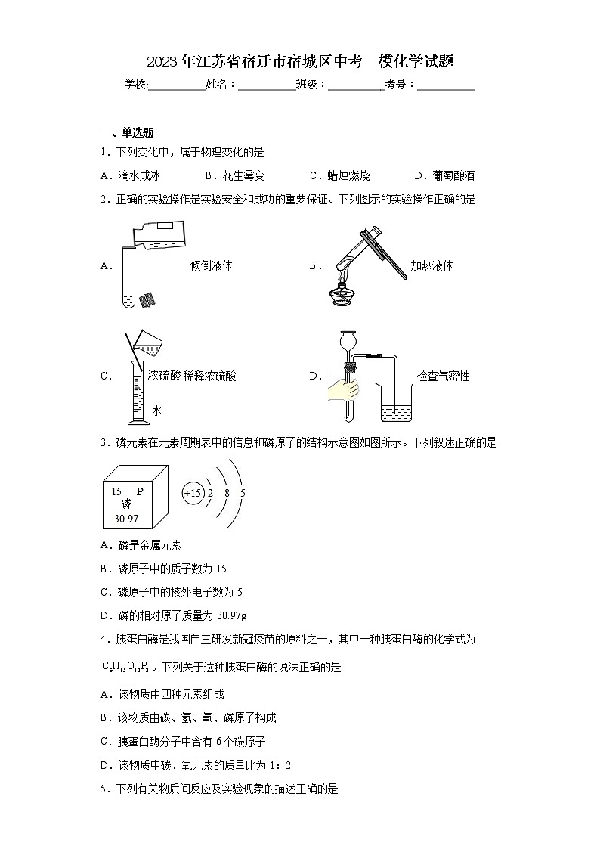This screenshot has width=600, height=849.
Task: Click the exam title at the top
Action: pyautogui.click(x=300, y=62)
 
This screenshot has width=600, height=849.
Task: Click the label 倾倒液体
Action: pyautogui.click(x=212, y=265)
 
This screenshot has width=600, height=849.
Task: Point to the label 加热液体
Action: pyautogui.click(x=431, y=265)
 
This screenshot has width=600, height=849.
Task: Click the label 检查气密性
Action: pyautogui.click(x=443, y=376)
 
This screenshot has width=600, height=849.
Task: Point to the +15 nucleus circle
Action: pyautogui.click(x=193, y=494)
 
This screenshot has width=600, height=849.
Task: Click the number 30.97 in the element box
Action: pyautogui.click(x=126, y=519)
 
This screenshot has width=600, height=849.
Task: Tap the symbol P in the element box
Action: pyautogui.click(x=139, y=491)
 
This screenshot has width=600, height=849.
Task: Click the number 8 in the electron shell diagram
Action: pyautogui.click(x=227, y=494)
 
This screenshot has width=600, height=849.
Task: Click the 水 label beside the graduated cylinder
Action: pyautogui.click(x=156, y=411)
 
